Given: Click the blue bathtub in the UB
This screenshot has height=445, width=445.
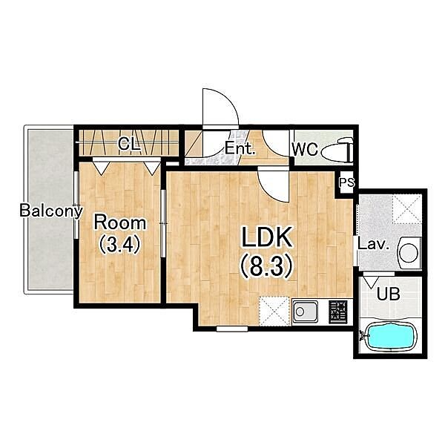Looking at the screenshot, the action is click(x=389, y=337).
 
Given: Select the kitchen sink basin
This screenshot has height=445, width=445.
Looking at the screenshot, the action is click(x=305, y=311).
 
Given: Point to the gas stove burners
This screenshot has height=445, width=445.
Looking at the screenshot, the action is click(x=338, y=311).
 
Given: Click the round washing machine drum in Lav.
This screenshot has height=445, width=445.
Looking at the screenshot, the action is click(x=408, y=252).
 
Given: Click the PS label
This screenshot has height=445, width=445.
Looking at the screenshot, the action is click(x=347, y=182).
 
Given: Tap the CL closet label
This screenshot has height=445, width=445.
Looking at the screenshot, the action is click(x=129, y=144).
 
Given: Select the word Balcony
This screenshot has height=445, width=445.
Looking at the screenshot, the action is click(x=51, y=211).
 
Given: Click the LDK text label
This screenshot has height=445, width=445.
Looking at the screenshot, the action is click(x=266, y=237).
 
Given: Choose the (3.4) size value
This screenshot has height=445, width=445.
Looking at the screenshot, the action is click(x=119, y=244).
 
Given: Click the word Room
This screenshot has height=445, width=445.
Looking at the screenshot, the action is click(x=120, y=222).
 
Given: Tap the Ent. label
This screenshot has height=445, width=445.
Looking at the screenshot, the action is click(x=240, y=148).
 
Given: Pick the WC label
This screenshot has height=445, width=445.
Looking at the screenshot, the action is click(x=305, y=149).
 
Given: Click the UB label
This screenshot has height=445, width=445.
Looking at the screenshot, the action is click(x=388, y=294).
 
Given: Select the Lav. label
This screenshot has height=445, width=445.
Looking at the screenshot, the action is click(x=373, y=244).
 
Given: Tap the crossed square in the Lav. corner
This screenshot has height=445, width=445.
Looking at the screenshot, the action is click(x=407, y=209).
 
